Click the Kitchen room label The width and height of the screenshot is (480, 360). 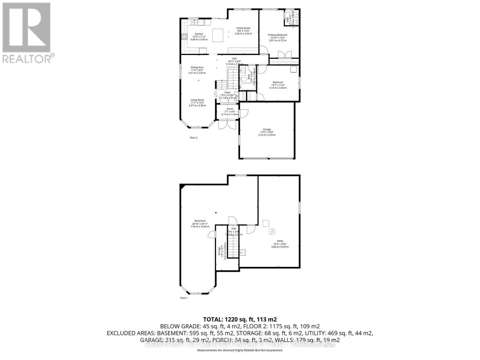coord(199,34)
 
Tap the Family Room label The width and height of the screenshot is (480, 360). coord(243,28)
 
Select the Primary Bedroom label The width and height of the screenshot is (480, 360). coord(277,35)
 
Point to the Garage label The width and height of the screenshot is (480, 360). coord(267,130)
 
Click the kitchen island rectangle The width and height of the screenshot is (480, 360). coord(218,35)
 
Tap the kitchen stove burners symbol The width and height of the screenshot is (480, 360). coord(183,37)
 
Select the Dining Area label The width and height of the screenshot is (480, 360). coord(197,67)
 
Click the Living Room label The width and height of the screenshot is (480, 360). coord(197,100)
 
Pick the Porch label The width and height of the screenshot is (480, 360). coord(230,109)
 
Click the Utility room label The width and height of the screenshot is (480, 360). coord(280,241)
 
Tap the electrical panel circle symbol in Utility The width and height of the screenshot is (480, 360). coord(272,232)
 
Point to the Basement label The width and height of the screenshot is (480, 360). coord(200,221)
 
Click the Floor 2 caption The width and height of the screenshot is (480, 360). coord(193,138)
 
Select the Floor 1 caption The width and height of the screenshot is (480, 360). coord(184,298)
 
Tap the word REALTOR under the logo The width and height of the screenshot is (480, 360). coord(27,58)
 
